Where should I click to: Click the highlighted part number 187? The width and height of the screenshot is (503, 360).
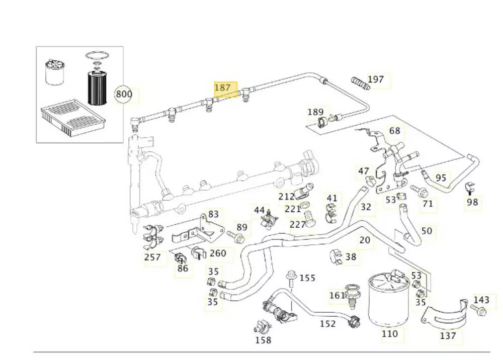pos(222,87)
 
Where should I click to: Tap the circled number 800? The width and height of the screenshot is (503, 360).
pos(124,94)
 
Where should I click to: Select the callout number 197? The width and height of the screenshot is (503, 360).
pos(376,79)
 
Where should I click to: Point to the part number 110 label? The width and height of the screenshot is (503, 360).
pos(389,333)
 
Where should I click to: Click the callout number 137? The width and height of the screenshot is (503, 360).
pos(448,336)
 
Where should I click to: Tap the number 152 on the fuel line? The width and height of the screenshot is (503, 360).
pos(327,324)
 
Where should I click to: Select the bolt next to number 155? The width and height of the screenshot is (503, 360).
pos(291,280)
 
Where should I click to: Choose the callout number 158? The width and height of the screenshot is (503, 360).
pos(263,340)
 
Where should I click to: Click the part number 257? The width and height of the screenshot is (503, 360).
pos(152,257)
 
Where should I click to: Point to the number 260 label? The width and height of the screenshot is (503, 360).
pos(218,253)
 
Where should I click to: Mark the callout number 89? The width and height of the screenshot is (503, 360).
pos(242,227)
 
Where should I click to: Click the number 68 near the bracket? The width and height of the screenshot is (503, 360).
pos(395,131)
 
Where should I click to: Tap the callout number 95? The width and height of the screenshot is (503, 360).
pos(441,178)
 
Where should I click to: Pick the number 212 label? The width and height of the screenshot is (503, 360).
pos(286,197)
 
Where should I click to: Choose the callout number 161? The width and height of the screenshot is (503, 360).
pos(337,295)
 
